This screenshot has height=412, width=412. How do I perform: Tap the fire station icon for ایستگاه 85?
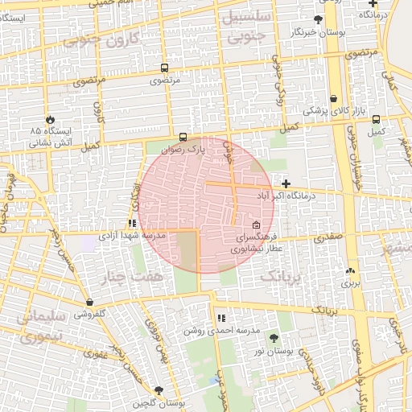point(51,118)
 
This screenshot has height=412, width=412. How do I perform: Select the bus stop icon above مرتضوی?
point(165,69)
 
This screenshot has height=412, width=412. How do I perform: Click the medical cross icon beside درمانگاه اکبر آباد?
point(286,184)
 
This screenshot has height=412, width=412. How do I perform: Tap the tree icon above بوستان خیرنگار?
point(319,19)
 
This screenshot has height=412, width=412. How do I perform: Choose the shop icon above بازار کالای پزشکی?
point(333,98)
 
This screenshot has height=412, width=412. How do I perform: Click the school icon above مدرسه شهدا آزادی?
point(132,224)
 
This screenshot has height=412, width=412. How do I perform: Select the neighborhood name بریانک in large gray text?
point(282,276)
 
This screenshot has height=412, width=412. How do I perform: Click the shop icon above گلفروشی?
point(89,303)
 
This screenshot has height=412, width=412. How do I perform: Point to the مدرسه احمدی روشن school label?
point(221,330)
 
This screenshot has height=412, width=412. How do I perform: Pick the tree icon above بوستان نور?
point(273,339)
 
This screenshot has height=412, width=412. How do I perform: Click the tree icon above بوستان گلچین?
point(159,390)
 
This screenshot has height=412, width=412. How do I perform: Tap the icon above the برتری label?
point(350,271)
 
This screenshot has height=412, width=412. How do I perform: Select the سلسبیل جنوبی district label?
point(252,27)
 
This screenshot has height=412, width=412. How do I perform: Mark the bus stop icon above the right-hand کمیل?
point(376,119)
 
